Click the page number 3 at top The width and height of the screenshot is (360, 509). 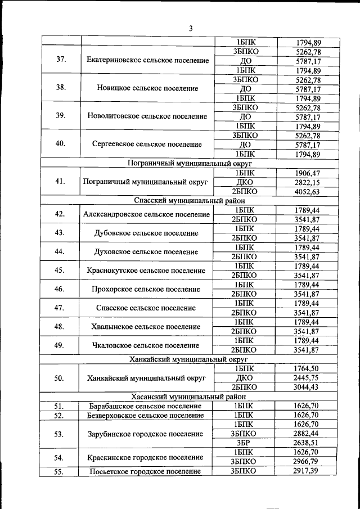point(191,28)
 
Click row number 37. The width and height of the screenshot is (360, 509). point(60,60)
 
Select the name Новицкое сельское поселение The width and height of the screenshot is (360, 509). point(146,88)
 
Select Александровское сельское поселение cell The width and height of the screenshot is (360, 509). point(146,214)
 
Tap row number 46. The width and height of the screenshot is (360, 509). point(60,289)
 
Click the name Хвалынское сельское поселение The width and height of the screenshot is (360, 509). point(146,327)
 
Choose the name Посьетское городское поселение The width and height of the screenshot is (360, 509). point(146,471)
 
